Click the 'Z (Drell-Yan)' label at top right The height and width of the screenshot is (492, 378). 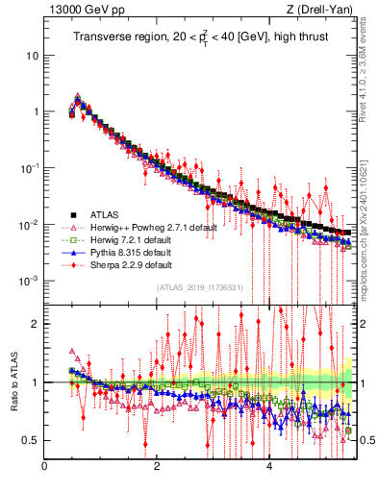322,11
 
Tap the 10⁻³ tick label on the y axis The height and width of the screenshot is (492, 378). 30,281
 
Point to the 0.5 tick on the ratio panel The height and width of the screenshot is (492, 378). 32,440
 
